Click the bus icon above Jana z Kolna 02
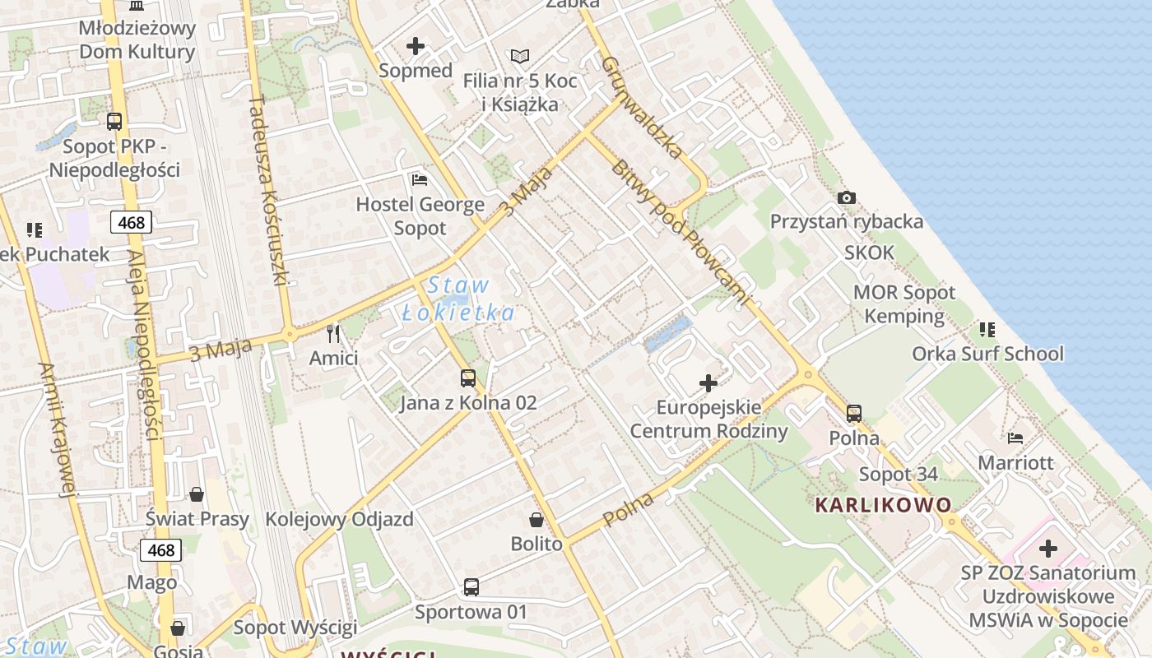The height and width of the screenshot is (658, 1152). click(467, 378)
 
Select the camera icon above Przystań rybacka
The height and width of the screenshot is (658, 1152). click(846, 197)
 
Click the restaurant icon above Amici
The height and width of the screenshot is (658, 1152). click(333, 333)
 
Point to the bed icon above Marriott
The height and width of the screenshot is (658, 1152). click(1015, 438)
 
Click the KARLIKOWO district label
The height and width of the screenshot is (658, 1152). click(883, 505)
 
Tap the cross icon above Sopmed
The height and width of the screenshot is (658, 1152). click(416, 46)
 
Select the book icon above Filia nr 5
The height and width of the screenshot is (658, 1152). click(520, 56)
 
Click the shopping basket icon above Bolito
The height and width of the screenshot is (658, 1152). click(536, 520)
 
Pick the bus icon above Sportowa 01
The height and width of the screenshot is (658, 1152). click(471, 587)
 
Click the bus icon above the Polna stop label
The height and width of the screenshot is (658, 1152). click(854, 413)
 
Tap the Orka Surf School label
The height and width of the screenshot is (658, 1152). click(987, 354)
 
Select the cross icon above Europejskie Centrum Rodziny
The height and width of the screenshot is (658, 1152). click(708, 382)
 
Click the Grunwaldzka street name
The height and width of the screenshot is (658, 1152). click(641, 107)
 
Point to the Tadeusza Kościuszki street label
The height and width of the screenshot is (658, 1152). click(268, 189)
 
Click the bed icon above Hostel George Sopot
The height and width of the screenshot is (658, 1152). click(420, 179)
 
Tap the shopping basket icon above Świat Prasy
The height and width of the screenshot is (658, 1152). click(197, 493)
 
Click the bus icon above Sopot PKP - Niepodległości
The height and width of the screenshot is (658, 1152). click(114, 122)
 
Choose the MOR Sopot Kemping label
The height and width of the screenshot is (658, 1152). click(904, 304)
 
